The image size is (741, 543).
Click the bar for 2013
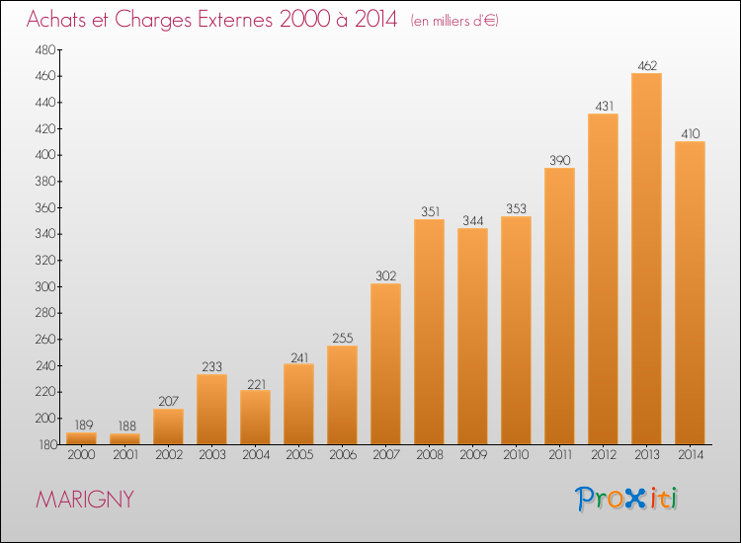646,259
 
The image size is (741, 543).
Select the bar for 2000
81,438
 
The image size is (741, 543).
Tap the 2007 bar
385,364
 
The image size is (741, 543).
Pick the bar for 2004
255,418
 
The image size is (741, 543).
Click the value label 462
647,65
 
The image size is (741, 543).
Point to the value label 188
127,426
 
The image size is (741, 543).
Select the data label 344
473,220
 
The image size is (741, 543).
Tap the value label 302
385,275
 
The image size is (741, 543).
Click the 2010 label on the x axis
516,455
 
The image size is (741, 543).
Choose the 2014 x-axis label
691,455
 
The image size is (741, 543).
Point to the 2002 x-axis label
169,455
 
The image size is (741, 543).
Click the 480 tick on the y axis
45,50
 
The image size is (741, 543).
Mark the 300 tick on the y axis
45,286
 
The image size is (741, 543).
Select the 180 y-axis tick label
47,445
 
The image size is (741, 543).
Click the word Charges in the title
152,20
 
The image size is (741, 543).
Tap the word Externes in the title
235,19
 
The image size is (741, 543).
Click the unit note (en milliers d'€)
454,21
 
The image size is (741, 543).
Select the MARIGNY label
85,500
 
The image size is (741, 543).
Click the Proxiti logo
626,499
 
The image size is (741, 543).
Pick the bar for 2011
559,306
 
